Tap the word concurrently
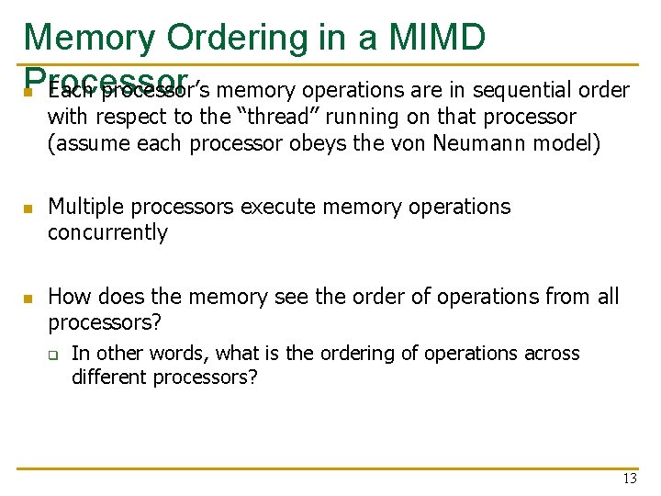[107, 232]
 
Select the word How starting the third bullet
[68, 297]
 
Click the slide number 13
[629, 479]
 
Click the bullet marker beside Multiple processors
[28, 209]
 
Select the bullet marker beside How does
[28, 299]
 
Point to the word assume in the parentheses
[89, 144]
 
